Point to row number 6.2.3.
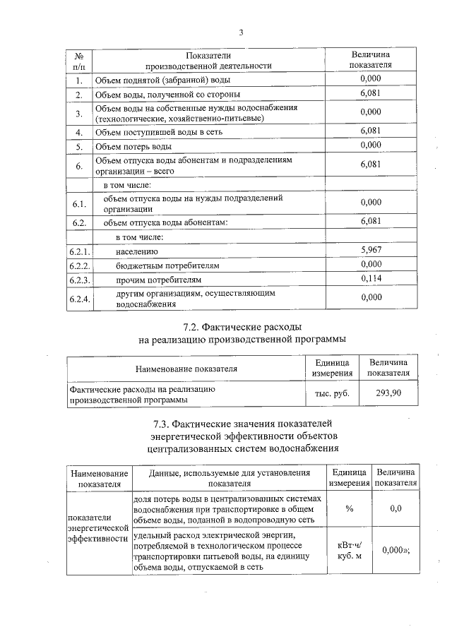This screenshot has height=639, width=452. pyautogui.click(x=78, y=280)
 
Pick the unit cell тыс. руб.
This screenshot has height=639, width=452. pyautogui.click(x=331, y=393)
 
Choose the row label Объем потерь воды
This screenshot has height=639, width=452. pyautogui.click(x=133, y=146)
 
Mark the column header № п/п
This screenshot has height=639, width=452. pyautogui.click(x=78, y=60)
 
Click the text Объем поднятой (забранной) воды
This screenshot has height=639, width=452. pyautogui.click(x=154, y=80)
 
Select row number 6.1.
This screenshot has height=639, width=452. pyautogui.click(x=78, y=205)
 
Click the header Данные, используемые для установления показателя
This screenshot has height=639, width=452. pyautogui.click(x=229, y=477)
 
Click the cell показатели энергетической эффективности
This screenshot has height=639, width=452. pyautogui.click(x=97, y=527)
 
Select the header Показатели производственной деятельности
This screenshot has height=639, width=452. pyautogui.click(x=208, y=60)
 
